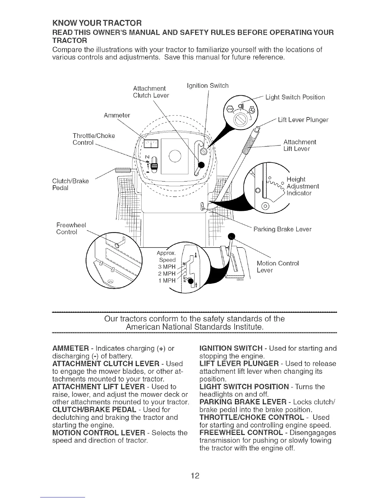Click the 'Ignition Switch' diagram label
[208, 86]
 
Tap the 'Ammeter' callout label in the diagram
[117, 115]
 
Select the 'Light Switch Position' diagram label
[295, 97]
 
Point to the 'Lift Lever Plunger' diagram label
[303, 120]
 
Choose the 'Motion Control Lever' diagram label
[277, 267]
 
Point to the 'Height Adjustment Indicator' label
[303, 186]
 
